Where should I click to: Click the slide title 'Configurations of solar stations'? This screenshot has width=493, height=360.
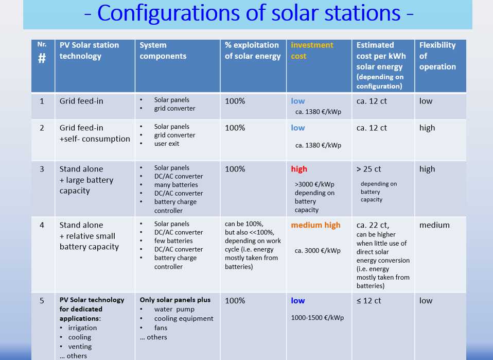[x=249, y=13]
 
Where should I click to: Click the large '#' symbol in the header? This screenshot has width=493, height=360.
[x=42, y=58]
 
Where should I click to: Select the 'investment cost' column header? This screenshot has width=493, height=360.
[x=312, y=50]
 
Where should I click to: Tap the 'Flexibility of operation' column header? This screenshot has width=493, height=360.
[x=437, y=56]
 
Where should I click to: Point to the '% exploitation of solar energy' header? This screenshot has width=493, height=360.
[x=253, y=50]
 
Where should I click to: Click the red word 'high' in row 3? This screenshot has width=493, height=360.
[x=299, y=169]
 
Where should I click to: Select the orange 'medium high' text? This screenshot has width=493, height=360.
[x=315, y=225]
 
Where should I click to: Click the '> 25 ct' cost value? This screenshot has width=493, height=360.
[x=368, y=169]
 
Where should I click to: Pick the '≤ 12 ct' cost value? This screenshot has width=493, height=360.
[x=368, y=301]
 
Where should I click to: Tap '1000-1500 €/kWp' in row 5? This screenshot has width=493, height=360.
[x=317, y=318]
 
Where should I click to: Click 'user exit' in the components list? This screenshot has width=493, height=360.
[x=167, y=144]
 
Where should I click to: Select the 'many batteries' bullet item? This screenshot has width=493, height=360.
[x=176, y=185]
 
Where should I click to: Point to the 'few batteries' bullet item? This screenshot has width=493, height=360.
[x=173, y=241]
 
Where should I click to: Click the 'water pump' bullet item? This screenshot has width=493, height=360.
[x=174, y=310]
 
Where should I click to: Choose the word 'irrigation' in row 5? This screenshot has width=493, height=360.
[x=82, y=328]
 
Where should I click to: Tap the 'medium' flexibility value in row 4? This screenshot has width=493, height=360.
[x=434, y=225]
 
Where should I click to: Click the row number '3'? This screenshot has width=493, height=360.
[x=42, y=169]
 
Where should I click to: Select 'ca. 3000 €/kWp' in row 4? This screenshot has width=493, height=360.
[x=318, y=251]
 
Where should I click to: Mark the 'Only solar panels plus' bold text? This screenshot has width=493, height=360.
[x=175, y=300]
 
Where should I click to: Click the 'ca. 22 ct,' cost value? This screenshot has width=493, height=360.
[x=373, y=225]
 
